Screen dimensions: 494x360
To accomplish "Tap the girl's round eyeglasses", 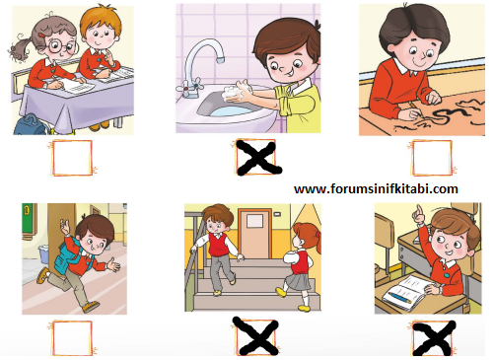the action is click(61, 46).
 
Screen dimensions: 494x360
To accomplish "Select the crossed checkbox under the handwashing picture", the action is click(258, 157).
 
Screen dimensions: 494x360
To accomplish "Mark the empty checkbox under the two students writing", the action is click(72, 158).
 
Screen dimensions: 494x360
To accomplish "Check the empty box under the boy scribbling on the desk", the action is click(432, 158).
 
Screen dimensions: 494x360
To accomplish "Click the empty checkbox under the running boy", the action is click(71, 338).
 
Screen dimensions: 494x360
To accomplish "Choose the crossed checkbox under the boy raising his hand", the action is click(434, 338).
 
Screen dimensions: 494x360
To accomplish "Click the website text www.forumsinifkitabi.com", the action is click(376, 189).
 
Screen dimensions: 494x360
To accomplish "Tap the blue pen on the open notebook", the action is click(399, 297).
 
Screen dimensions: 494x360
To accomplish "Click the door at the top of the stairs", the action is click(255, 233).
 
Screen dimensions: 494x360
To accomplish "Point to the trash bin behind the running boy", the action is click(44, 254).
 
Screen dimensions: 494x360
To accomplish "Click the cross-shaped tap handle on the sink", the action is click(189, 87).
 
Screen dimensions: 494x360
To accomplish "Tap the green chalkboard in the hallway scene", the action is click(29, 218).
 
